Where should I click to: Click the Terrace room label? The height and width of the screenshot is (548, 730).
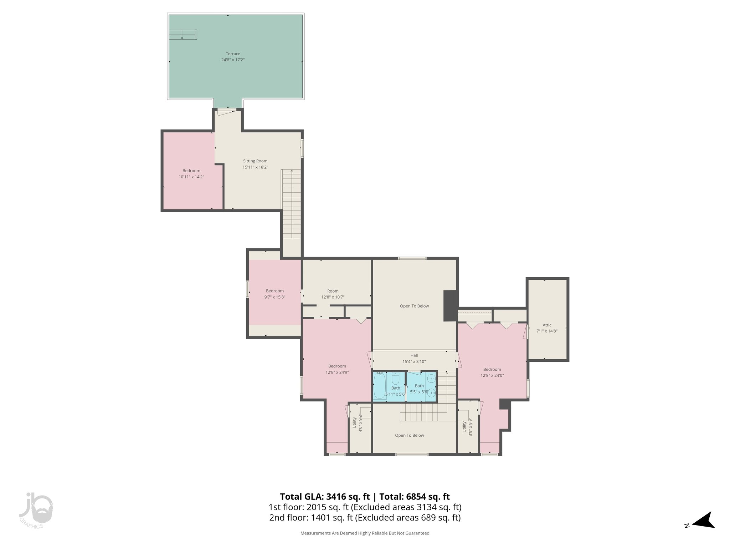pyautogui.click(x=233, y=54)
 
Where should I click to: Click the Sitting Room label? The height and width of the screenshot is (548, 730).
pyautogui.click(x=255, y=161)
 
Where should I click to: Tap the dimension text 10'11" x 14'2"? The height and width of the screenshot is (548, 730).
pyautogui.click(x=191, y=177)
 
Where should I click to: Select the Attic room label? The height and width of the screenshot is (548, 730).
pyautogui.click(x=547, y=325)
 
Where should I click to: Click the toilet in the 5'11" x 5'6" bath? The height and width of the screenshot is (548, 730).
pyautogui.click(x=395, y=378)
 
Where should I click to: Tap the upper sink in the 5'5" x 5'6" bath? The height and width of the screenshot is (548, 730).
pyautogui.click(x=432, y=379)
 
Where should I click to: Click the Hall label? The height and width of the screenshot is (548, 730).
pyautogui.click(x=414, y=355)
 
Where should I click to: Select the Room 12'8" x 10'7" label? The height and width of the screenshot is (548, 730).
pyautogui.click(x=333, y=291)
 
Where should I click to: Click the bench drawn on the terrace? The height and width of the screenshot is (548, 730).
pyautogui.click(x=183, y=35)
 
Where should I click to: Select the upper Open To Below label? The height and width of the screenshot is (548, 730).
pyautogui.click(x=414, y=306)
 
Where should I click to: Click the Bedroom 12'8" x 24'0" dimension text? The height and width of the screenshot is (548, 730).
pyautogui.click(x=492, y=375)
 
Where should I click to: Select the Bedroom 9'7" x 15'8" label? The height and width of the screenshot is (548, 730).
pyautogui.click(x=274, y=291)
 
